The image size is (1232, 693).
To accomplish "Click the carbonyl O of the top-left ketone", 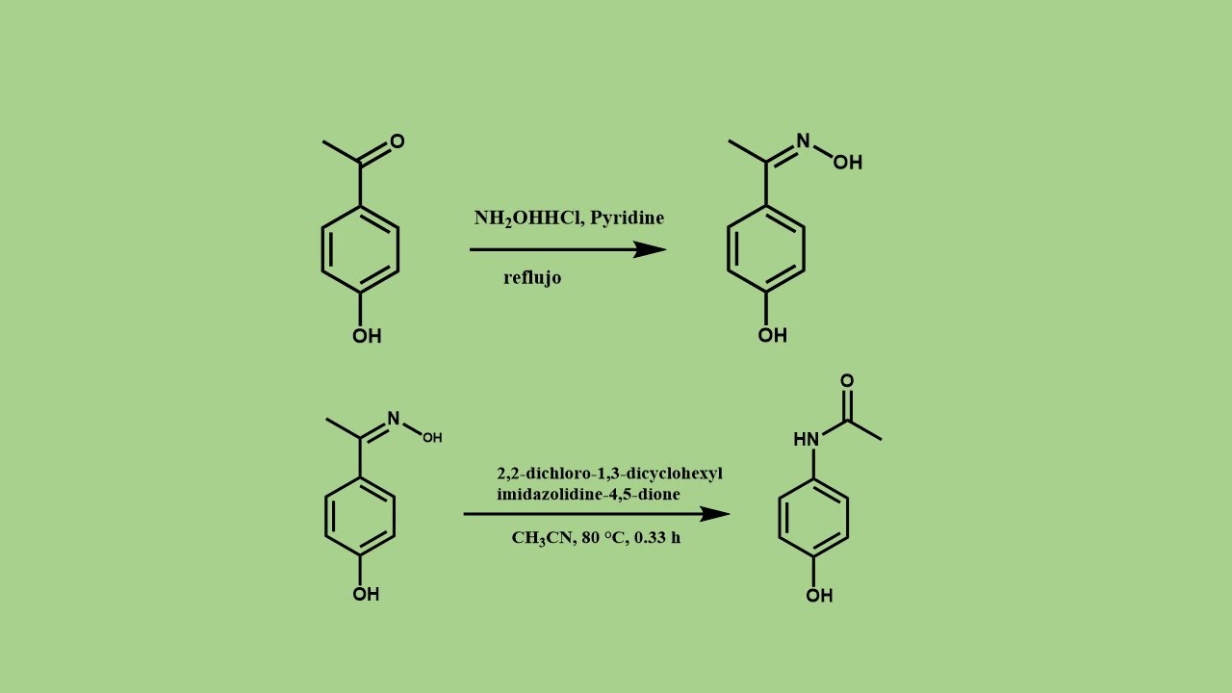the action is [397, 141].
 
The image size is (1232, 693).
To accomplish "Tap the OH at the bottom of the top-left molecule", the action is [367, 336].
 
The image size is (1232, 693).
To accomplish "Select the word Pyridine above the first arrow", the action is [627, 218].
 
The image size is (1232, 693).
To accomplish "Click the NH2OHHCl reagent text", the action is [526, 218].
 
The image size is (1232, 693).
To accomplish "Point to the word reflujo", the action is [532, 278].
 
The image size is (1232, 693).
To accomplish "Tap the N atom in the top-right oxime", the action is [803, 141].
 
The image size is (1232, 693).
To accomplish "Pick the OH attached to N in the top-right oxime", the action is [847, 163].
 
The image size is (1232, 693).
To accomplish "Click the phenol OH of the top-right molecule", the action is [772, 335].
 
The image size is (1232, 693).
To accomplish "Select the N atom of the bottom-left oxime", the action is [393, 419].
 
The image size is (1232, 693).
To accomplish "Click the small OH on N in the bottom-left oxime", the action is [432, 438].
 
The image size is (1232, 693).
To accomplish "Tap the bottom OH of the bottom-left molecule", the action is [366, 594].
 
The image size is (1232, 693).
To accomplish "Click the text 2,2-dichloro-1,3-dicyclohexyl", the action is [609, 474].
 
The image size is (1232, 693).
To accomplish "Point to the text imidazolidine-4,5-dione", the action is [588, 495].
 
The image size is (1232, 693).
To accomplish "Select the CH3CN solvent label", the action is [541, 538].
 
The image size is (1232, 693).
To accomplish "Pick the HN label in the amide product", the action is [806, 440].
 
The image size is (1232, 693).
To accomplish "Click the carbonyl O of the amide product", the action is [847, 381].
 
